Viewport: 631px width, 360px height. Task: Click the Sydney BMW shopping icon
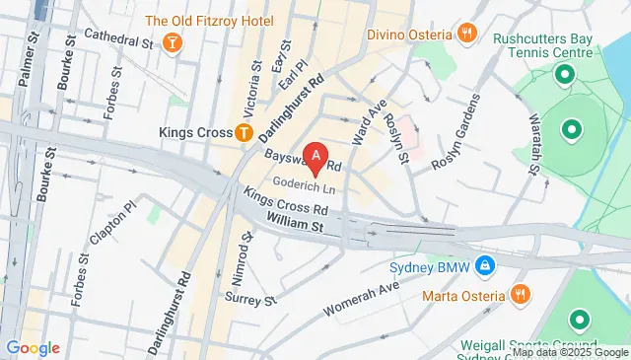pos(484,265)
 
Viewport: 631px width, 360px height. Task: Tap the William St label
pos(297,226)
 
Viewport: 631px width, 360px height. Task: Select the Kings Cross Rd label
pos(286,203)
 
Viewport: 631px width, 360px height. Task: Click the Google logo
pos(33,348)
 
